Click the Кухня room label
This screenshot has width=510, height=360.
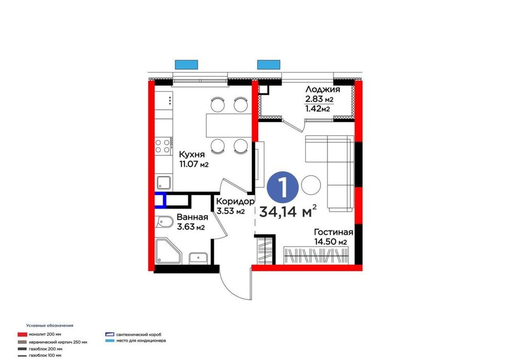(192, 154)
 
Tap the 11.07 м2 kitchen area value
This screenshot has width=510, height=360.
(193, 165)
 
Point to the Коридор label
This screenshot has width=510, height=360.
(235, 202)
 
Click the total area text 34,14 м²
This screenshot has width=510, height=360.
(288, 211)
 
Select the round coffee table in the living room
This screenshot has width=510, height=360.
(311, 185)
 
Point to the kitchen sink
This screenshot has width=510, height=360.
(164, 182)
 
